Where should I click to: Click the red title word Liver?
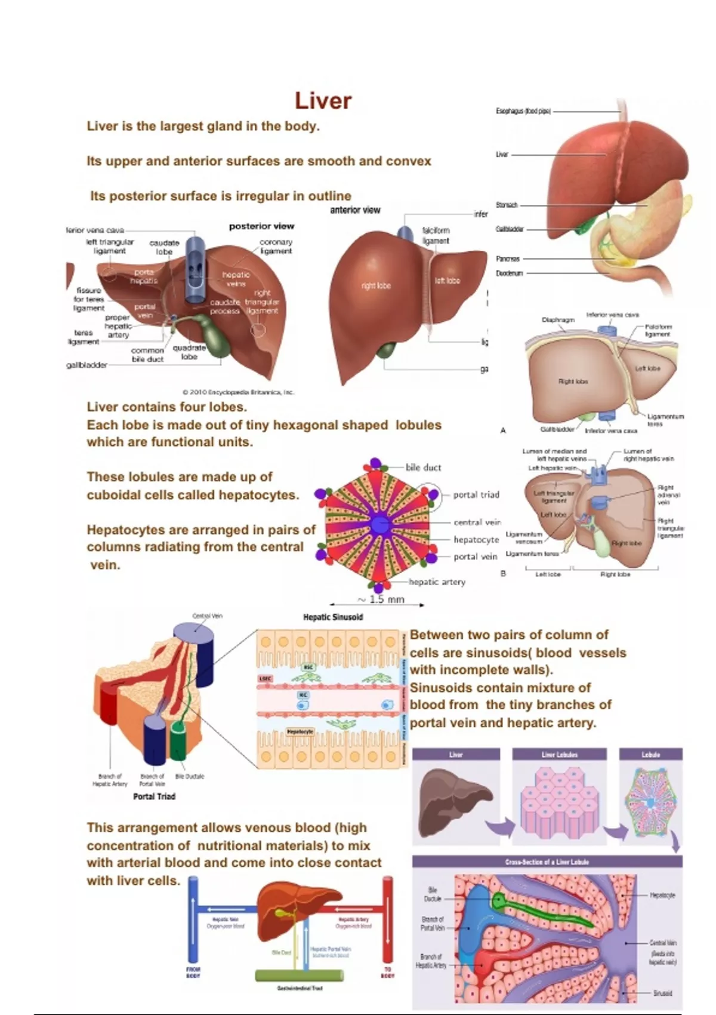(x=323, y=101)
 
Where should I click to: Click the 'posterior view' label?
(x=261, y=226)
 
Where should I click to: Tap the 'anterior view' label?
(x=355, y=210)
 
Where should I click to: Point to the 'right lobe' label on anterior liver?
(x=376, y=285)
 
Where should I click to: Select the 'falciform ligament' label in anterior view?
(x=436, y=235)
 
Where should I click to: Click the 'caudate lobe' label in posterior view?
(x=164, y=247)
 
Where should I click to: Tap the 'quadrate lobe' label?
(x=189, y=352)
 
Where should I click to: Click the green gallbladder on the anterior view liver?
(x=385, y=350)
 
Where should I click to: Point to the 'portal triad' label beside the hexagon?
(x=476, y=495)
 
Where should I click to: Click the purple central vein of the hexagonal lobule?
(x=379, y=525)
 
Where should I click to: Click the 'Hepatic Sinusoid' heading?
(x=333, y=617)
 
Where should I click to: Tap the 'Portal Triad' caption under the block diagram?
(x=154, y=796)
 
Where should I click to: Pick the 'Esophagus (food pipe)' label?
(x=523, y=111)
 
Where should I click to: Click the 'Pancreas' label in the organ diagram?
(x=508, y=259)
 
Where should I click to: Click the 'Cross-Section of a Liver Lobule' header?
(x=547, y=862)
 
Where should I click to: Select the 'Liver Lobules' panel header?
(x=559, y=755)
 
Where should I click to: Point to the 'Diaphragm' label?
(x=558, y=320)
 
